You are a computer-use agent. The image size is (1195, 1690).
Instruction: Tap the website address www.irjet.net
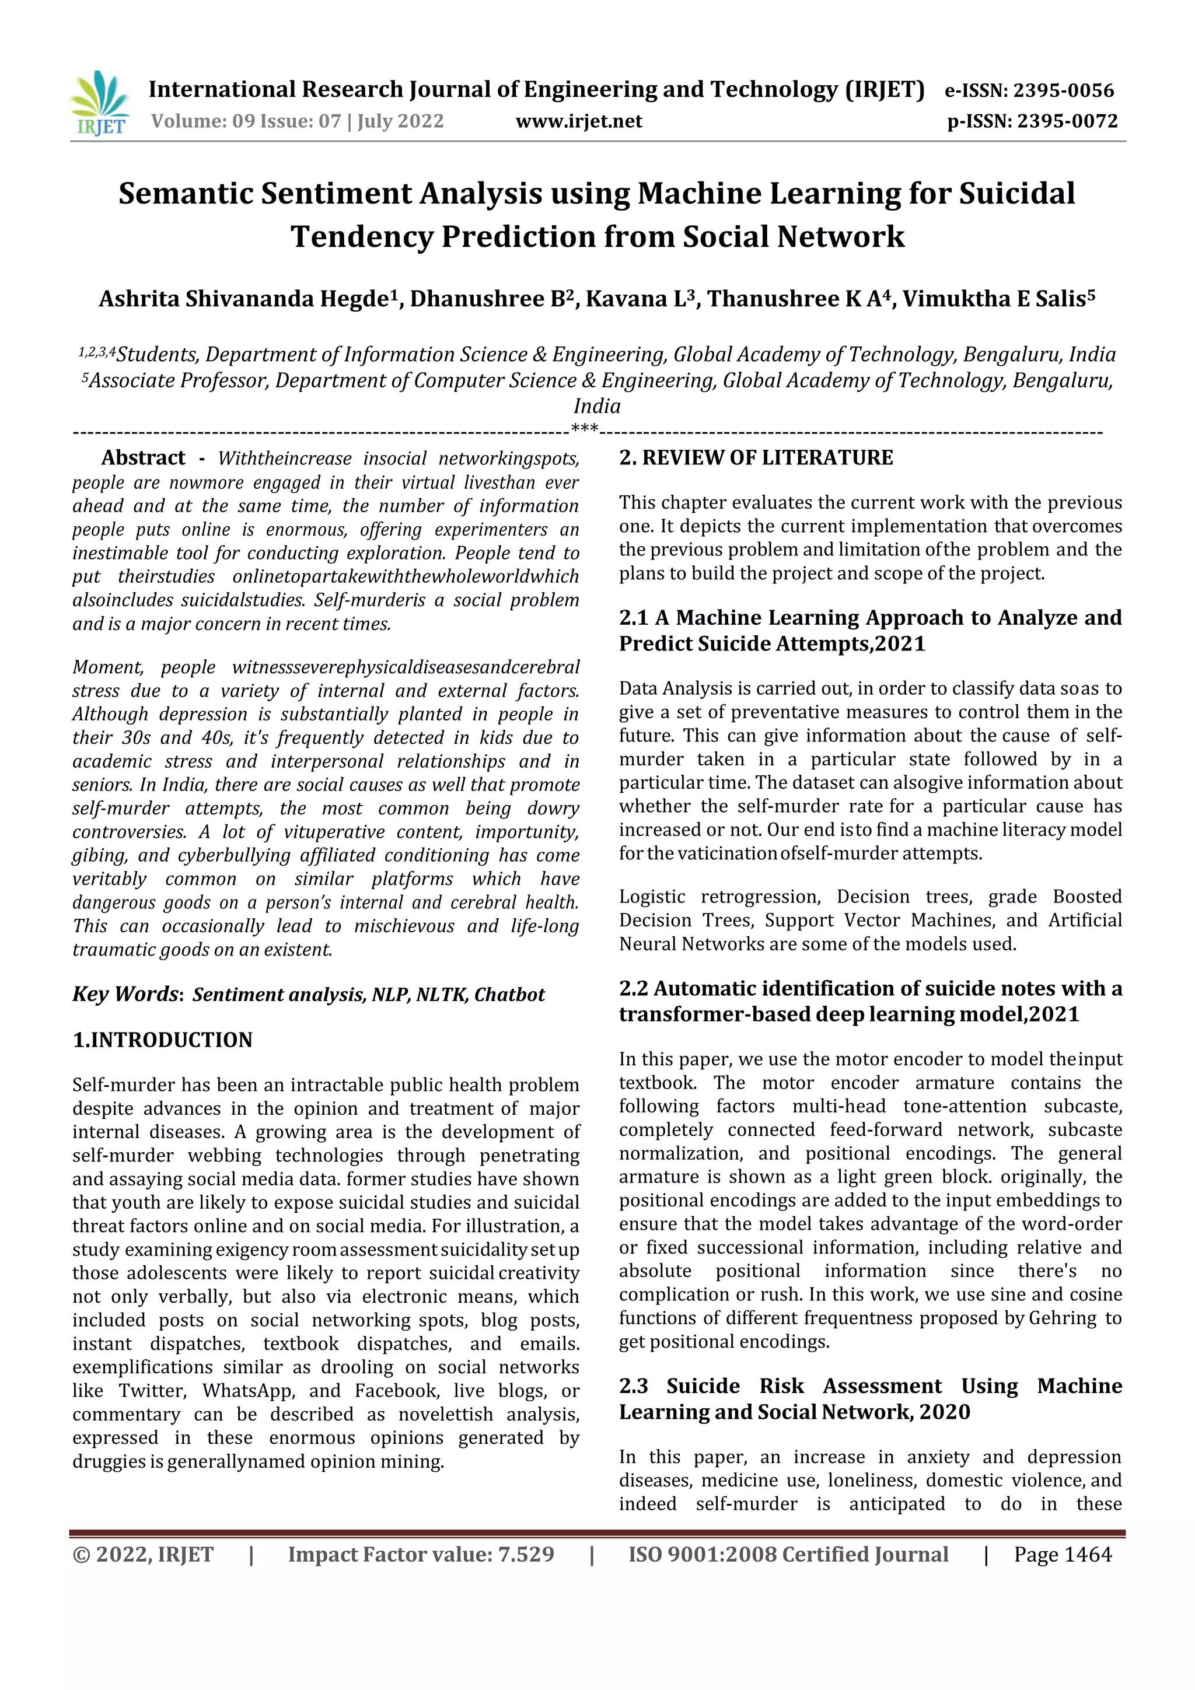pyautogui.click(x=579, y=121)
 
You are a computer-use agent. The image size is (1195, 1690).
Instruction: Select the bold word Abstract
pyautogui.click(x=143, y=458)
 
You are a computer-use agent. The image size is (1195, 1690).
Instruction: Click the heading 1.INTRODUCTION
pyautogui.click(x=162, y=1040)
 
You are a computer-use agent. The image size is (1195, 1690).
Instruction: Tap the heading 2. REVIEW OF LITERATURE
pyautogui.click(x=756, y=458)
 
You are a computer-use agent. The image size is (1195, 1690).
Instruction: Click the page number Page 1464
pyautogui.click(x=1063, y=1554)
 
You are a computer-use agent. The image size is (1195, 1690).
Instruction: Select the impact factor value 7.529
pyautogui.click(x=526, y=1554)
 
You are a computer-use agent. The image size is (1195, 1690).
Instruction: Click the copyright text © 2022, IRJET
pyautogui.click(x=143, y=1554)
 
